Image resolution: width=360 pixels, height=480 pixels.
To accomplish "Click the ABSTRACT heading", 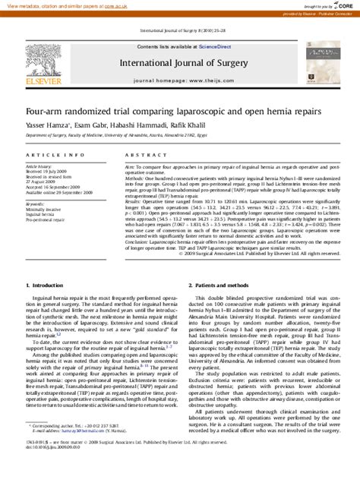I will point(141,154).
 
